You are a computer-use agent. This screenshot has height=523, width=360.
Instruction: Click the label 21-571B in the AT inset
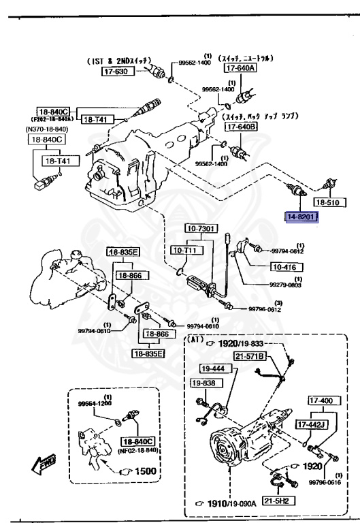click(x=249, y=355)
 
